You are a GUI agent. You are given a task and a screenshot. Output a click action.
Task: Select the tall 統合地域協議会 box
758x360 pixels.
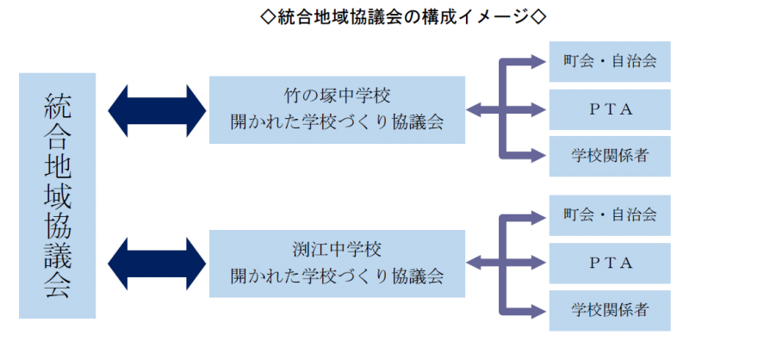pos(57,196)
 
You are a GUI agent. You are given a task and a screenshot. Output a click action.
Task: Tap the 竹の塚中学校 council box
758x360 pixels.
pos(337,109)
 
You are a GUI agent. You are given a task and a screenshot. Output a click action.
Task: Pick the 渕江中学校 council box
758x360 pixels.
pos(337,264)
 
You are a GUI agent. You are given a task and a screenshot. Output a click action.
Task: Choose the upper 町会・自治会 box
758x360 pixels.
pos(609,62)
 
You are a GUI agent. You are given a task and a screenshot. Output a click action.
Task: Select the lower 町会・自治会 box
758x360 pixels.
pos(609,215)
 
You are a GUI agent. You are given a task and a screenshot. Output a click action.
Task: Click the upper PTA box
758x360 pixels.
pos(609,109)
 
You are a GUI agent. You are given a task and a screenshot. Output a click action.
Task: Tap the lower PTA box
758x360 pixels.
pos(609,263)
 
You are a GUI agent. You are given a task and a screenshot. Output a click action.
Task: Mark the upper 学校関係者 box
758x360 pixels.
pos(609,157)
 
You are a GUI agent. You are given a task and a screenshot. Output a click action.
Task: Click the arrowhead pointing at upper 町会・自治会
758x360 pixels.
pos(539,62)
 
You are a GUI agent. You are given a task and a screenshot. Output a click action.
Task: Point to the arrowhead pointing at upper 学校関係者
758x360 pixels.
pos(539,157)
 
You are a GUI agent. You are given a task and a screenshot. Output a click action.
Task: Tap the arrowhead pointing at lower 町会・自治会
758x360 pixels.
pos(539,215)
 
